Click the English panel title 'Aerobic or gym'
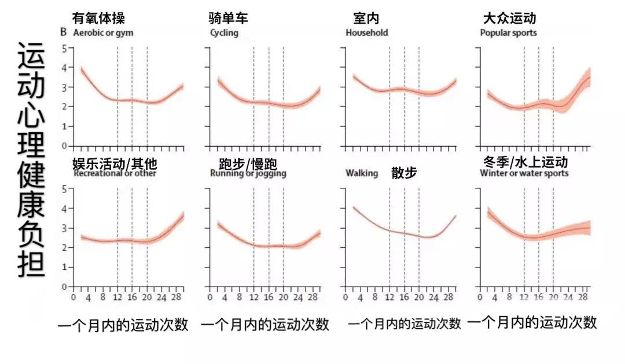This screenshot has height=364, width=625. pyautogui.click(x=103, y=32)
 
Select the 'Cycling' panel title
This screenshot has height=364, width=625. pyautogui.click(x=224, y=32)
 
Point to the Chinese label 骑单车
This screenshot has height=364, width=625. pyautogui.click(x=229, y=18)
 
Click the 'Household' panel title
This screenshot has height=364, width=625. pyautogui.click(x=367, y=32)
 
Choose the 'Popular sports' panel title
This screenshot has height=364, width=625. pyautogui.click(x=508, y=32)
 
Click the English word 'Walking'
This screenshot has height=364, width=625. pyautogui.click(x=362, y=173)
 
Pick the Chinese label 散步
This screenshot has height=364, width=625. pyautogui.click(x=404, y=172)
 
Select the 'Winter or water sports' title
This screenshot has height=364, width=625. pyautogui.click(x=524, y=173)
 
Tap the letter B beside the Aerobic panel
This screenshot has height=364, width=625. pyautogui.click(x=64, y=32)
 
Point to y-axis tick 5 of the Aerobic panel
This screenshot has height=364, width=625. pyautogui.click(x=64, y=49)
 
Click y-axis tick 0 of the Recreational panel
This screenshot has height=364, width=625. pyautogui.click(x=64, y=286)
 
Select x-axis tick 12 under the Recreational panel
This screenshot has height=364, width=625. pyautogui.click(x=117, y=298)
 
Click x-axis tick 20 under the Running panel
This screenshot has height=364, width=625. pyautogui.click(x=283, y=298)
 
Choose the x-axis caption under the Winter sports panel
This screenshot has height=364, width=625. pyautogui.click(x=531, y=322)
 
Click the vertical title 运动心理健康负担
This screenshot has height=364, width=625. pyautogui.click(x=30, y=159)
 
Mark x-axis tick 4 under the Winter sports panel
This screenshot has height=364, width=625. pyautogui.click(x=495, y=298)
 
